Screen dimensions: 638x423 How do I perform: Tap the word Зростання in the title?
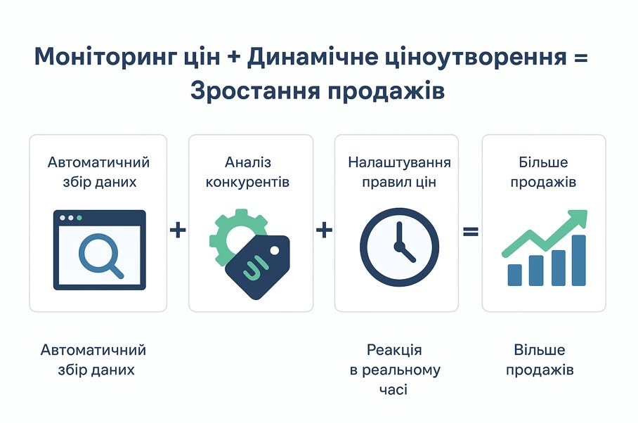(x=255, y=91)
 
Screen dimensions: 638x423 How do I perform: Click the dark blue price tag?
(x=258, y=266)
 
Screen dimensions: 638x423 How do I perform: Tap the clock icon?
(x=399, y=247)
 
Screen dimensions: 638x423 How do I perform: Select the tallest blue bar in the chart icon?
(x=578, y=260)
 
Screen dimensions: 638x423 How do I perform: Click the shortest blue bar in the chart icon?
(x=515, y=275)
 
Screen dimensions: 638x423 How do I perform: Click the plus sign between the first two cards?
(x=178, y=230)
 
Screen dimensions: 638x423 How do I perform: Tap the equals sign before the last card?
(x=471, y=231)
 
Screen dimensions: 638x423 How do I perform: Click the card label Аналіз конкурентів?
(x=247, y=172)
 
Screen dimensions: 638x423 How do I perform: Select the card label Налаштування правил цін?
(x=399, y=172)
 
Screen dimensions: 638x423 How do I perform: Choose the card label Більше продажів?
(x=543, y=172)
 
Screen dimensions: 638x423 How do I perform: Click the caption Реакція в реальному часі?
(x=395, y=370)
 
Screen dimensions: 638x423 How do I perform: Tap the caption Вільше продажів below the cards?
(x=540, y=360)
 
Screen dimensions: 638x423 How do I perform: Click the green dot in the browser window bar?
(x=79, y=218)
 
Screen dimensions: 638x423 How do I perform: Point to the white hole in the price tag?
(x=275, y=251)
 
